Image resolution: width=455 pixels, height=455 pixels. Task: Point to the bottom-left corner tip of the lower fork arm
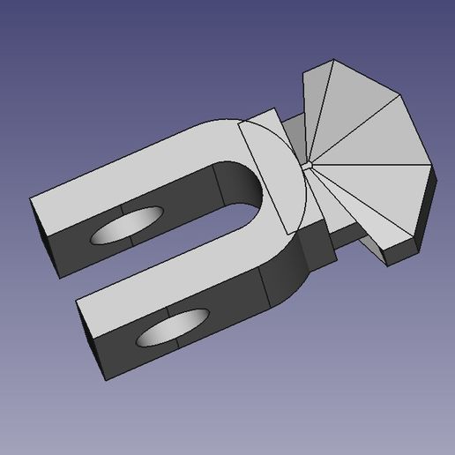(x=107, y=380)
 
